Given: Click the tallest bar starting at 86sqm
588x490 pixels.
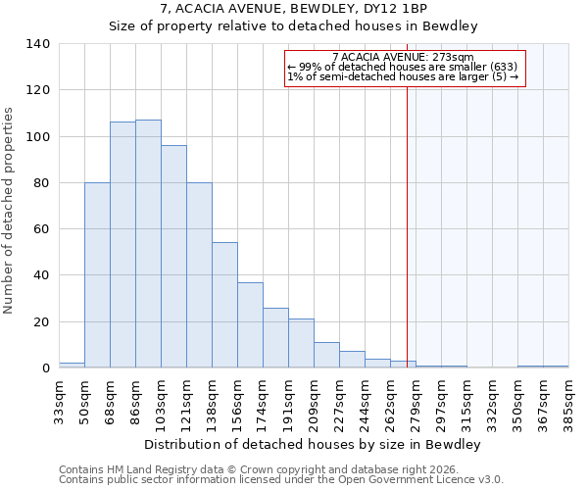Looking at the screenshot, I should (148, 244).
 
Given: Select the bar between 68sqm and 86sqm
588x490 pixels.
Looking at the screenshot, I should (122, 245).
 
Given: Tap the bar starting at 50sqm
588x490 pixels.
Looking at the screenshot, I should (97, 275).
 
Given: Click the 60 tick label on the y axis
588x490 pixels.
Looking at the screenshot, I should (42, 229).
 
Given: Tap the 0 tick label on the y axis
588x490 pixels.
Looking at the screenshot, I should (46, 368).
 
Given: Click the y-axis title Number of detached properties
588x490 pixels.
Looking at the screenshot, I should (9, 211).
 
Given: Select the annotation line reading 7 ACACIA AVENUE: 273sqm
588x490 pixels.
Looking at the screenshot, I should (403, 57).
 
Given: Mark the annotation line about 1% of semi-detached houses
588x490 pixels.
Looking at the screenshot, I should (403, 76).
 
